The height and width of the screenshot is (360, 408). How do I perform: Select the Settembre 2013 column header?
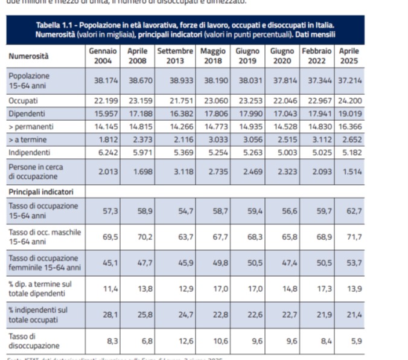pos(175,56)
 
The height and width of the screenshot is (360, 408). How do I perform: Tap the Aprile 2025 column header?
pos(349,56)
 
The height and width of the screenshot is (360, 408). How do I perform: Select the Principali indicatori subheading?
pos(41,191)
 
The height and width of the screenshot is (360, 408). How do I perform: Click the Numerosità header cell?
pos(29,57)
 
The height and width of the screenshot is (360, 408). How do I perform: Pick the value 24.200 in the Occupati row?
pos(349,100)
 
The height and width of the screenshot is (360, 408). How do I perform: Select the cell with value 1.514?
pos(351,172)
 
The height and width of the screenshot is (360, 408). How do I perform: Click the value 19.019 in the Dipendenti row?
pos(349,113)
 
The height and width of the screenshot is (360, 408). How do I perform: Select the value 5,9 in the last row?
pos(356,341)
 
